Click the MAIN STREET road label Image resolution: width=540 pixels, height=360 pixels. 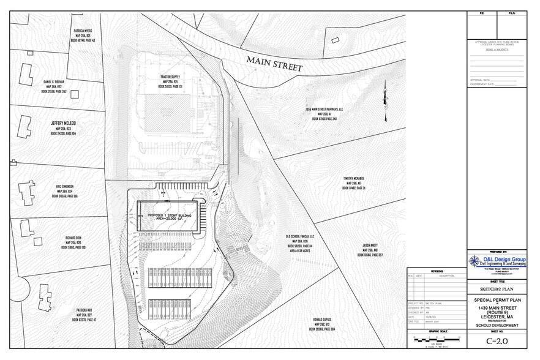(x=275, y=63)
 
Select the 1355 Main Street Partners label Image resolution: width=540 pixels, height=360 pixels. (x=324, y=110)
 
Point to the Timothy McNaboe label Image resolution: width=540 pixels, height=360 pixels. (x=354, y=178)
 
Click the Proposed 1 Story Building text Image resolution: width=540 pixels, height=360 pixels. (x=170, y=216)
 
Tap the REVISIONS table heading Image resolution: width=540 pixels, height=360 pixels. (x=436, y=271)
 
